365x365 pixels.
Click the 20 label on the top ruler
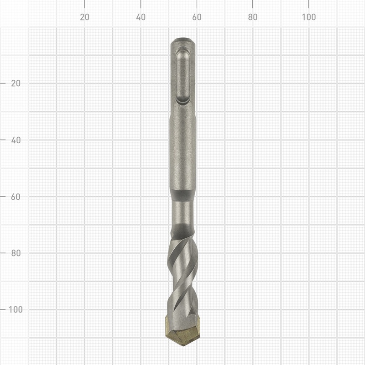click(x=84, y=17)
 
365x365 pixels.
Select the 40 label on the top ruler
click(x=141, y=17)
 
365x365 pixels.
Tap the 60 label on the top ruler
click(x=197, y=17)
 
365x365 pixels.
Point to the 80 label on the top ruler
click(x=253, y=17)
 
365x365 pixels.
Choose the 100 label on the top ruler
click(x=309, y=17)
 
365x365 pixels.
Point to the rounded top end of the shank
click(x=183, y=42)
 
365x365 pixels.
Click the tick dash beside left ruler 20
click(x=4, y=83)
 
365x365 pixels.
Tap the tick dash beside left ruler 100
click(x=4, y=309)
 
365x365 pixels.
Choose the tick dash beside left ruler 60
click(x=4, y=197)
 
